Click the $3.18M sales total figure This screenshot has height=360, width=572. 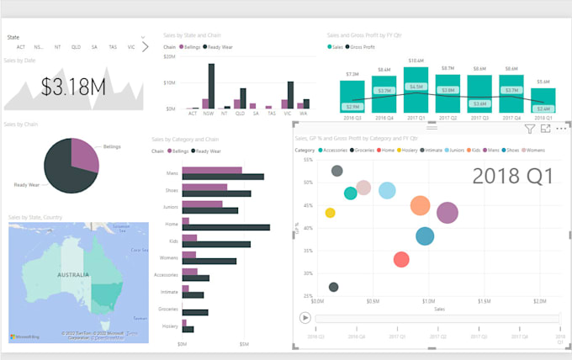pyautogui.click(x=73, y=86)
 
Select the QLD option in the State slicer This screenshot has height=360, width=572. pyautogui.click(x=76, y=47)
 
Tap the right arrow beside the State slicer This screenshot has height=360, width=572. pyautogui.click(x=145, y=47)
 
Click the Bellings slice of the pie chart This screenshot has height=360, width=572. pyautogui.click(x=84, y=152)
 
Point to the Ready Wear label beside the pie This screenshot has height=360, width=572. pyautogui.click(x=27, y=184)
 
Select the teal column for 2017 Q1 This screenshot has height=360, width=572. pyautogui.click(x=416, y=89)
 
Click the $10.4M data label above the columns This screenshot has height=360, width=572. pyautogui.click(x=416, y=61)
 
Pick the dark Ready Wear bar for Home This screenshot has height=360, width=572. pyautogui.click(x=226, y=227)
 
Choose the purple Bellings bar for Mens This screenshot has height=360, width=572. pyautogui.click(x=212, y=171)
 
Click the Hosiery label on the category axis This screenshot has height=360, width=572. pyautogui.click(x=170, y=326)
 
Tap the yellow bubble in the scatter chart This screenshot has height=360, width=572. pyautogui.click(x=330, y=213)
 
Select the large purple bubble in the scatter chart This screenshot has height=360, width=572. pyautogui.click(x=448, y=213)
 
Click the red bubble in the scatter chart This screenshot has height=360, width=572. pyautogui.click(x=401, y=260)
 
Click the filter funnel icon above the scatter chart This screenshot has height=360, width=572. pyautogui.click(x=529, y=129)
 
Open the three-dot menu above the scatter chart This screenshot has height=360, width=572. pyautogui.click(x=561, y=129)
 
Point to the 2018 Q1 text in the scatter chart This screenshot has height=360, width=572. pyautogui.click(x=512, y=176)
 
